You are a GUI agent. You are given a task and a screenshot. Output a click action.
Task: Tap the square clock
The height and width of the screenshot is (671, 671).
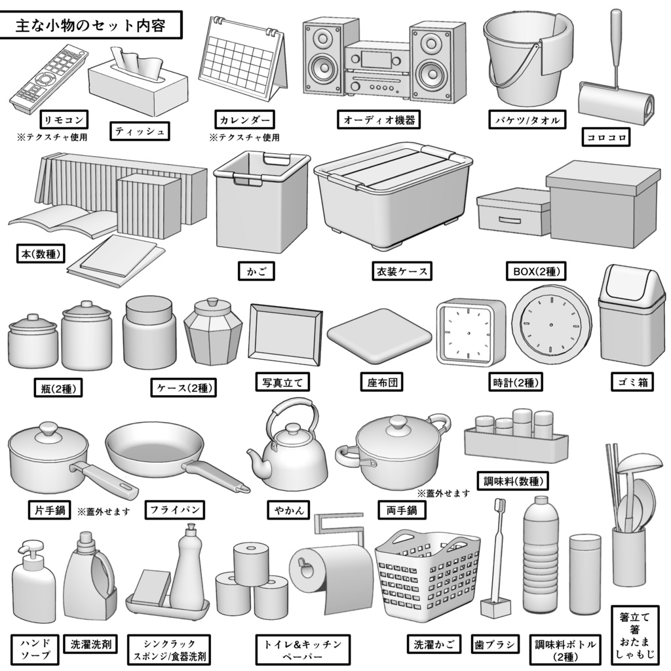(470, 332)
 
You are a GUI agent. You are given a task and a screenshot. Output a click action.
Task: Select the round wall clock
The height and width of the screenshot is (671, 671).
(550, 326)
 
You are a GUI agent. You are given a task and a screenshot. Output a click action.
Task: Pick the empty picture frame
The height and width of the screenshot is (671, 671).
(286, 334)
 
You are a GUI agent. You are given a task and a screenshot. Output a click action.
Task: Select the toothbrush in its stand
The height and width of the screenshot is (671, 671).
(496, 557)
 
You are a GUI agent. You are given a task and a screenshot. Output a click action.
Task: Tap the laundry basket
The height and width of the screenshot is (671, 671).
(427, 577)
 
